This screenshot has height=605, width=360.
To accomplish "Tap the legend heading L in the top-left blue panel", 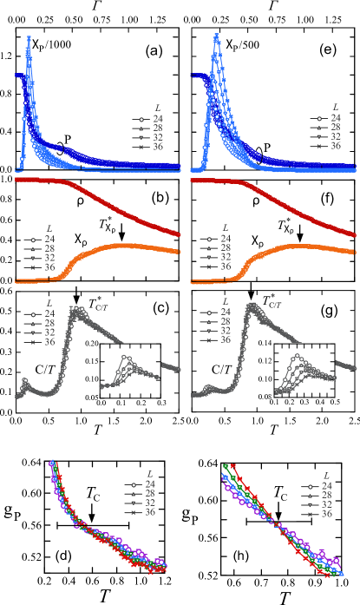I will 157,109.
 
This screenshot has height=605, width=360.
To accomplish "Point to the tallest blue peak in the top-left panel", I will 29,39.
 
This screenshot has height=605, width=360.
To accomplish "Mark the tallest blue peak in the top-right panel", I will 216,36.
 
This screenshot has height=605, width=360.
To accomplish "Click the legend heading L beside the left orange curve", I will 49,228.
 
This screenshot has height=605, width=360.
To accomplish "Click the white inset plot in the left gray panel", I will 130,371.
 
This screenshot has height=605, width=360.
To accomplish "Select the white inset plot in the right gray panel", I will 304,371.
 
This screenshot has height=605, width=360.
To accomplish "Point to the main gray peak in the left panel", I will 75,308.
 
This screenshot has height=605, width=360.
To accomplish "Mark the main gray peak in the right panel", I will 251,306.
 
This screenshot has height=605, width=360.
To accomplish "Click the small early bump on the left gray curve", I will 25,381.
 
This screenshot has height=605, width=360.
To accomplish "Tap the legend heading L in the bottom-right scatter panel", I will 325,475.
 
